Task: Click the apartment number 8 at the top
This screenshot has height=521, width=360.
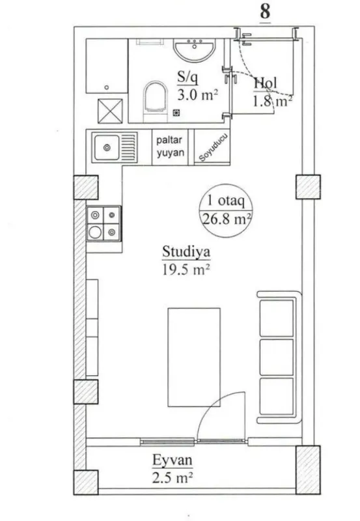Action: (x=265, y=12)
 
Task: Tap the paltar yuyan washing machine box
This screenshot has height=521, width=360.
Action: (x=171, y=147)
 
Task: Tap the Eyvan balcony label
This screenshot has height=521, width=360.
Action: (x=173, y=462)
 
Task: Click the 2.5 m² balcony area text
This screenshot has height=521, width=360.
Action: (x=173, y=479)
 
